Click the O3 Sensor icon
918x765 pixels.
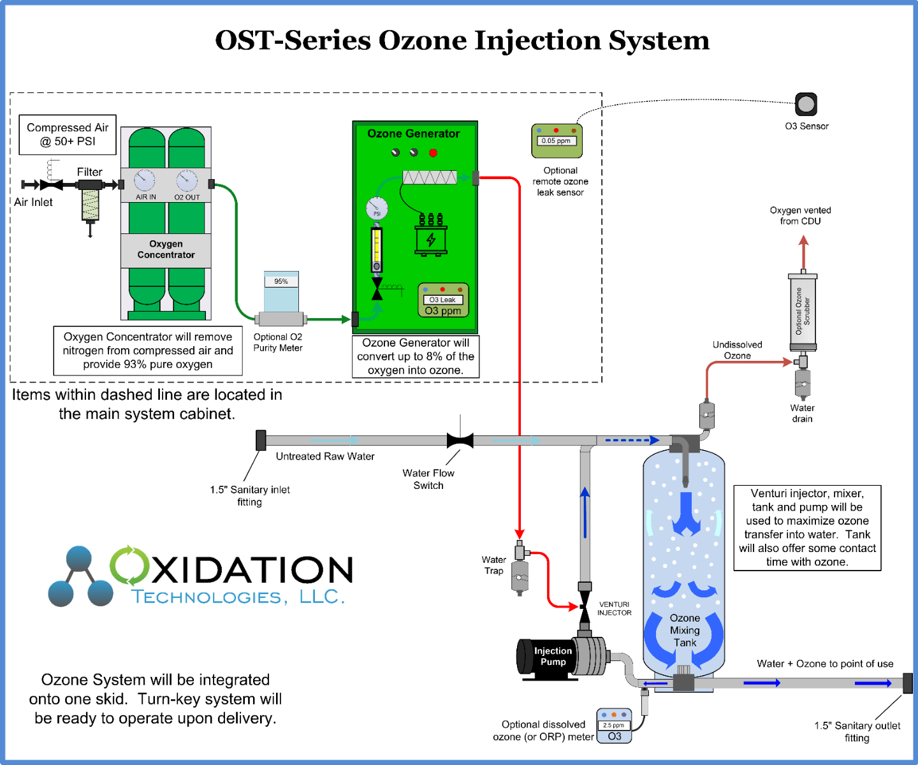click(806, 104)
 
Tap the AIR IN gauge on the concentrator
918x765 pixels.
click(145, 180)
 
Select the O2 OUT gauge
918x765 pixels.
click(187, 180)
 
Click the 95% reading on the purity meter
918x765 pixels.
click(281, 281)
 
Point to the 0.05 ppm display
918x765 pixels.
click(556, 141)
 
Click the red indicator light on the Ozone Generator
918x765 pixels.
click(433, 153)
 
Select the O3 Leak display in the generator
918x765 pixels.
click(442, 300)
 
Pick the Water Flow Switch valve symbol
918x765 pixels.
click(460, 440)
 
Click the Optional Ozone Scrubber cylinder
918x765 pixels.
click(803, 311)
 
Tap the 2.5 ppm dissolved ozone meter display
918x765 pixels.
click(614, 725)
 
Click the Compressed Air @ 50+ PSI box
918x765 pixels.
click(68, 135)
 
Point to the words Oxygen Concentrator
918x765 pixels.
click(166, 249)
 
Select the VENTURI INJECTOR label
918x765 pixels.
click(614, 609)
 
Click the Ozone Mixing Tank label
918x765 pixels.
click(685, 630)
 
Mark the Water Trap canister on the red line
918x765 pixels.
click(521, 574)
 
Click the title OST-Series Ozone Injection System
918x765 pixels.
click(462, 40)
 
